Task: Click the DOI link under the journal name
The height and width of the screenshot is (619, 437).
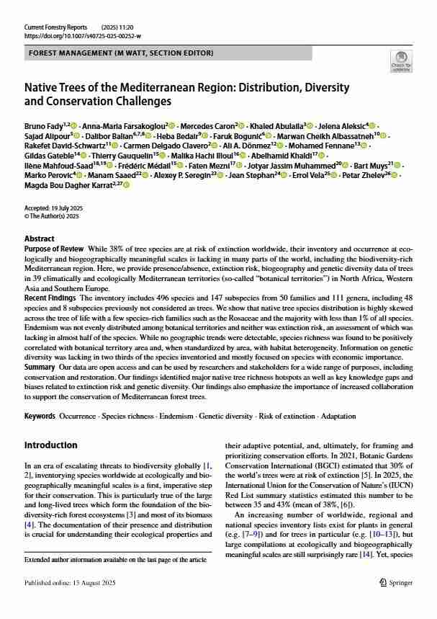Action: (83, 35)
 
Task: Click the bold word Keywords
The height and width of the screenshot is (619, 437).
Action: (40, 417)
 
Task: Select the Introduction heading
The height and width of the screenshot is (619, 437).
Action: (51, 445)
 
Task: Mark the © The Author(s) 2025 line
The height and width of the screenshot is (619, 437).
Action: (53, 215)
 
